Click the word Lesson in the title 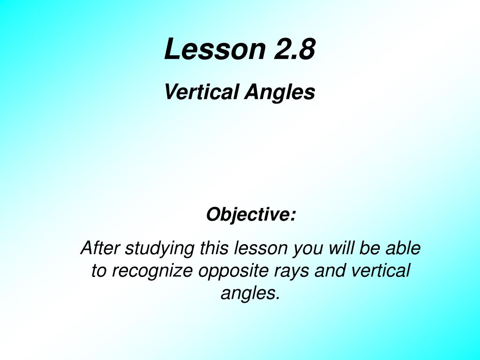[215, 49]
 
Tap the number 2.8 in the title [294, 49]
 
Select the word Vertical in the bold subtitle [202, 91]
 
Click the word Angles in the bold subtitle [280, 92]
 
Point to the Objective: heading [251, 214]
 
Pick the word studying [159, 249]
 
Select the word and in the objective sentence [330, 270]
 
